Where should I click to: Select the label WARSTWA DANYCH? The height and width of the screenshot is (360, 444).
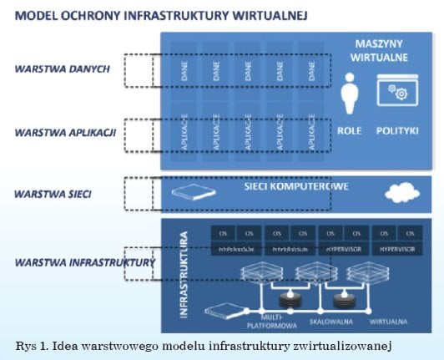coord(62,68)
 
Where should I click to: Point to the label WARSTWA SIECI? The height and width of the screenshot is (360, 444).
coord(53,194)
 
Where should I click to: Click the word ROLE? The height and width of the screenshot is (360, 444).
coord(349,131)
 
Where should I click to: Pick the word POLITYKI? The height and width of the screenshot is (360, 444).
coord(398,131)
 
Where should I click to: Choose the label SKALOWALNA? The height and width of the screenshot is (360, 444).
coord(321,320)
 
